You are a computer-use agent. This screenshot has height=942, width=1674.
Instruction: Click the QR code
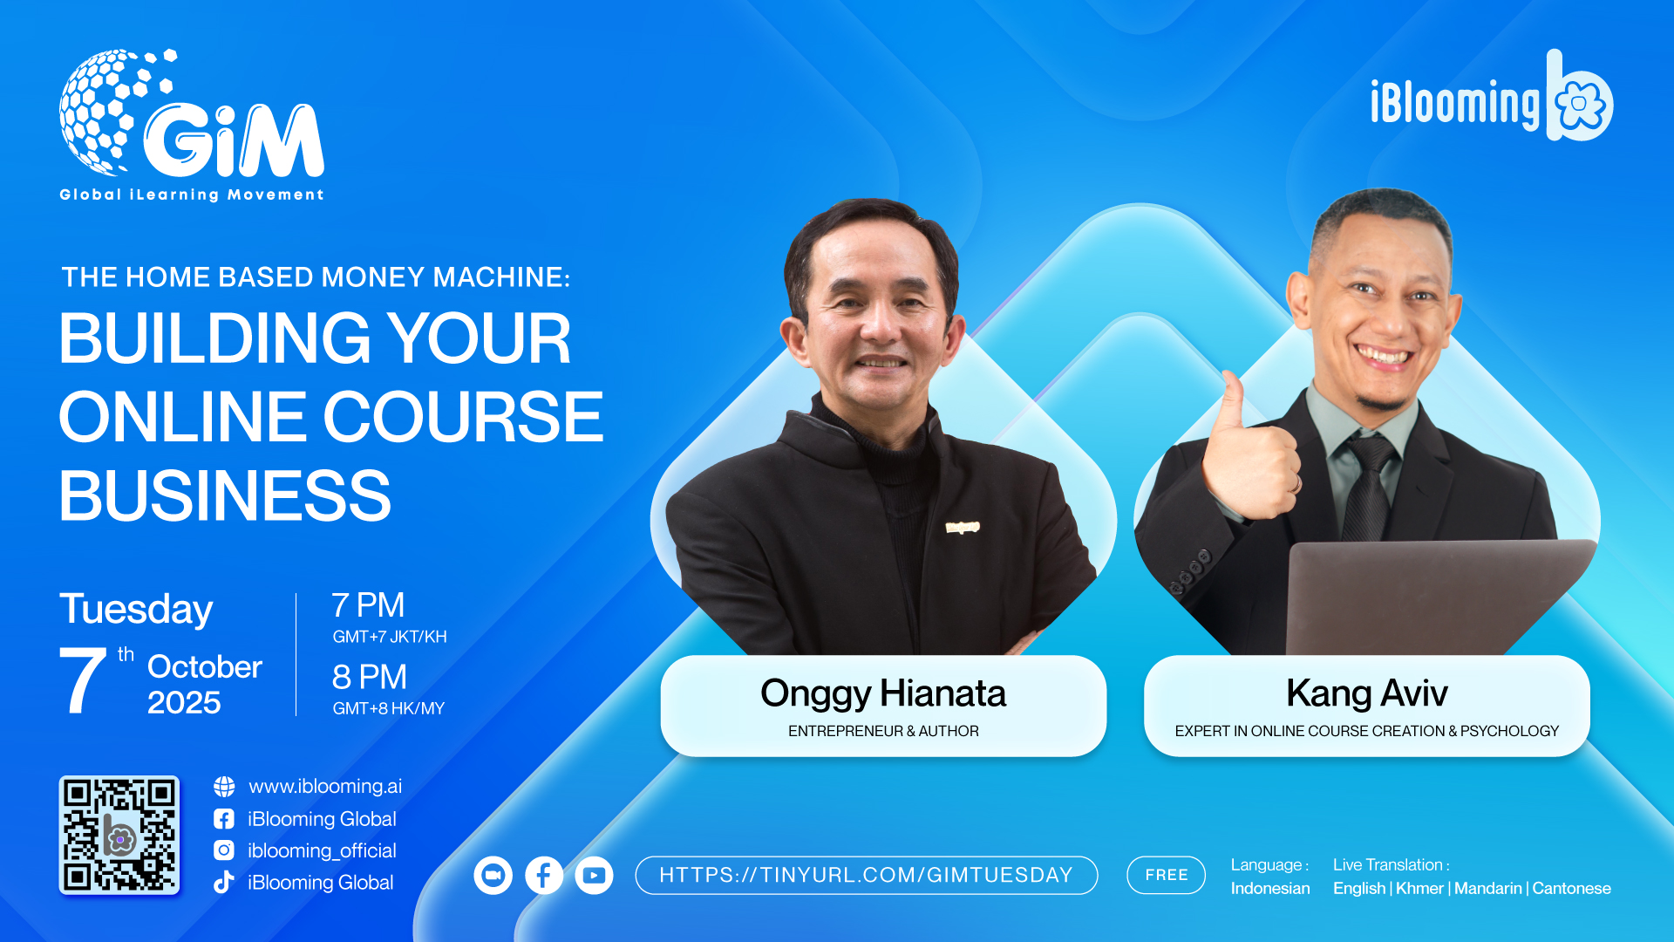coord(119,836)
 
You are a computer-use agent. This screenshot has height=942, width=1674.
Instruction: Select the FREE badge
coord(1166,875)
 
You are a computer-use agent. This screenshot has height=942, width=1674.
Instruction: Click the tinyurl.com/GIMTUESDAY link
coord(866,875)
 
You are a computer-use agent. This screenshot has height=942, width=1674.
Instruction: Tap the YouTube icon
coord(594,876)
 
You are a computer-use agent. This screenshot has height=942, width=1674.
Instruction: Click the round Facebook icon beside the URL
coord(543,876)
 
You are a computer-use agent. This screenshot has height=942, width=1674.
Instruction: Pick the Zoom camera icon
coord(493,876)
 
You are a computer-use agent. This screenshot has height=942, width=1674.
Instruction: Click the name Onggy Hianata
coord(883,693)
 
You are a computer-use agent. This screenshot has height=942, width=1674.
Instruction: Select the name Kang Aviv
coord(1367,693)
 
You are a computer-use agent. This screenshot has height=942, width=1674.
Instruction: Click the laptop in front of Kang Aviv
coord(1439,597)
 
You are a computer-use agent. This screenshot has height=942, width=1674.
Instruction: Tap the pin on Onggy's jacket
coord(963,527)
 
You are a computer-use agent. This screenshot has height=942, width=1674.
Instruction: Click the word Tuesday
coord(136,610)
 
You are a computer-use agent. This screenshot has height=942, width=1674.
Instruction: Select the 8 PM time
coord(370,677)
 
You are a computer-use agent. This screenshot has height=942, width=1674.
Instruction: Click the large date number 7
coord(82,680)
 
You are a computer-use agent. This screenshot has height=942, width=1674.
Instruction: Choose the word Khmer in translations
coord(1419,888)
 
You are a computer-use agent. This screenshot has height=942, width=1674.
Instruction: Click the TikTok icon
coord(224,882)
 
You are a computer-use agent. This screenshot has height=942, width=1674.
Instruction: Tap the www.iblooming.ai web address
coord(325,787)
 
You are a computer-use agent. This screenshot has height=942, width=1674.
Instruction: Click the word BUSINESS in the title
coord(225,495)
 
